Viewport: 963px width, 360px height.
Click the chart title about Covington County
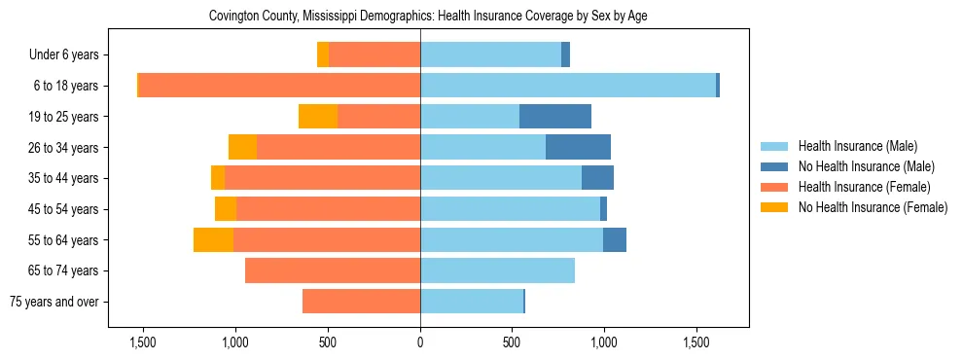tap(428, 17)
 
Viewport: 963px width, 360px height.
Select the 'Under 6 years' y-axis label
tap(70, 54)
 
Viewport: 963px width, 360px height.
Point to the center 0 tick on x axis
tap(420, 342)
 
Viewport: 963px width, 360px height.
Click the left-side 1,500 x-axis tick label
tap(143, 342)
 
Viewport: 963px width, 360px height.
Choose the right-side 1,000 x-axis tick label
tap(604, 342)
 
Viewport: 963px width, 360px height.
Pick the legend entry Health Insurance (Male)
tap(857, 146)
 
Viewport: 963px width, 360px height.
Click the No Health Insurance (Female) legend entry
tap(873, 207)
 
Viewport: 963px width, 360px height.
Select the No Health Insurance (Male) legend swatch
tap(774, 166)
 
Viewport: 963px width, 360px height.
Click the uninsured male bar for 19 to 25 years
tap(555, 117)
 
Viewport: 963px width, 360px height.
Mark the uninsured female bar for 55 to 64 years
tap(213, 239)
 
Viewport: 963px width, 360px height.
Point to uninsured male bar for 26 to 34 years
tap(578, 147)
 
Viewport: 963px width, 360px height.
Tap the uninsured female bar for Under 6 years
tap(323, 54)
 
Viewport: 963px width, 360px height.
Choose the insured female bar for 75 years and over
tap(361, 302)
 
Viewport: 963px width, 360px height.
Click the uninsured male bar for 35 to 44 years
tap(597, 178)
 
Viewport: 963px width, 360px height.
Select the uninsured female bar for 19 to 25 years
tap(318, 117)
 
